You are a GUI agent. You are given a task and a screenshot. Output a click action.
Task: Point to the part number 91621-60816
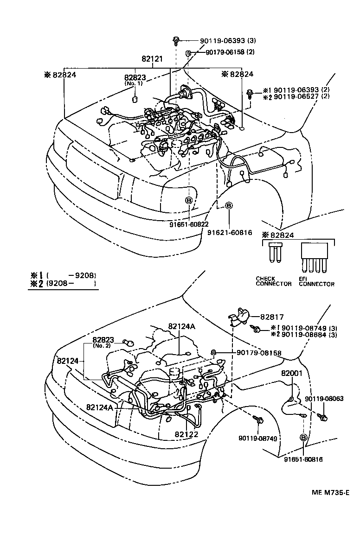(230, 232)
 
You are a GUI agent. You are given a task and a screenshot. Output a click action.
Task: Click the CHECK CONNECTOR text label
(273, 281)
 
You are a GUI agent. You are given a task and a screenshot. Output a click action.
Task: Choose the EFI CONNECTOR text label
(316, 281)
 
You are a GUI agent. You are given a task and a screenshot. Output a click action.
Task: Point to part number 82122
(186, 434)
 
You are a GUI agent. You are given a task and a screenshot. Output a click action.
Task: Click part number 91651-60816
(303, 459)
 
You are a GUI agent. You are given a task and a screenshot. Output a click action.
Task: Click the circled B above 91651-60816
(303, 437)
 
